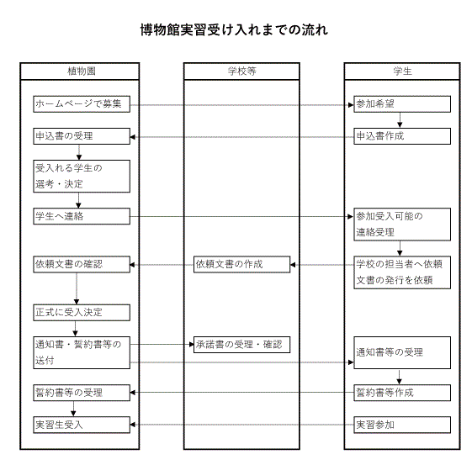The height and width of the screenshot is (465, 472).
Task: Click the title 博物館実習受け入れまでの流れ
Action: pos(234,30)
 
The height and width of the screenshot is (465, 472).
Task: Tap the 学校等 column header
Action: pos(241,71)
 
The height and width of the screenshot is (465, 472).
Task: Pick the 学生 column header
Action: pos(402,71)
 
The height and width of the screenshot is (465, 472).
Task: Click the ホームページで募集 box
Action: pos(82,104)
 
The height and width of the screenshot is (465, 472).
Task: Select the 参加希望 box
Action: pos(402,104)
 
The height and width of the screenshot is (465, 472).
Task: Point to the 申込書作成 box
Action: pos(402,136)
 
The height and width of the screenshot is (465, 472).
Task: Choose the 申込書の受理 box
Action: pos(82,136)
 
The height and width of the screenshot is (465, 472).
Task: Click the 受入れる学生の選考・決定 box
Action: pos(82,177)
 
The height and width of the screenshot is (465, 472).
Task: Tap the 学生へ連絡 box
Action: pos(82,216)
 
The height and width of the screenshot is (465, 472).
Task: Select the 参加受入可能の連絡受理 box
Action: pos(402,225)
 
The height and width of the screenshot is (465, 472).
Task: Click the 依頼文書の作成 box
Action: pos(241,264)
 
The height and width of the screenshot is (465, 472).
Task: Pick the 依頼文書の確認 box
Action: pos(82,264)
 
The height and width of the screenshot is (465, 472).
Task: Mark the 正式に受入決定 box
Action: pos(82,313)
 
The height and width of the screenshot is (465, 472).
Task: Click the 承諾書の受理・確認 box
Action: pos(241,345)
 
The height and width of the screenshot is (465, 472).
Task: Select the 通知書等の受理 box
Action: pos(402,352)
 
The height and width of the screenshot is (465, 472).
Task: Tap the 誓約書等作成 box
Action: pos(402,393)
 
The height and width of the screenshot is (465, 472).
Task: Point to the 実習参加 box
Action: pos(402,425)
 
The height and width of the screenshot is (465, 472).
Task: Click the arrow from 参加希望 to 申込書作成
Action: pos(400,120)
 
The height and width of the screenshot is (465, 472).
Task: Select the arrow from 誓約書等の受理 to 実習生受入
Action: pos(73,409)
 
